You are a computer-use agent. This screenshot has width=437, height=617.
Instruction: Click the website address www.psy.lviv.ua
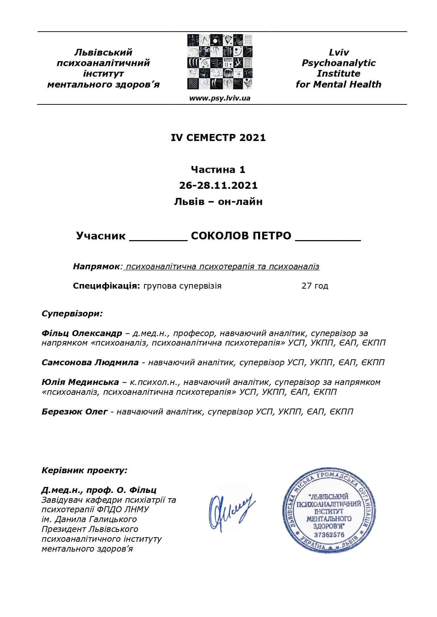[219, 98]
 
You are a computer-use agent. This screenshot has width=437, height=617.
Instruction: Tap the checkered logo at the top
[220, 62]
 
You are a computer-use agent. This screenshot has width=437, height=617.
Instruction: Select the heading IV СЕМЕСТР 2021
[218, 137]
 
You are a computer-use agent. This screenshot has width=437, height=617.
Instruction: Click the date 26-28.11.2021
[218, 185]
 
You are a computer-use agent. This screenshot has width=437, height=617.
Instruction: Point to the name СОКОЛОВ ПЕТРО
[241, 236]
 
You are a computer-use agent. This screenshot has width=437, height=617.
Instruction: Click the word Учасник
[101, 236]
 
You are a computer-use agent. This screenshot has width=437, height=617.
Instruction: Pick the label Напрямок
[96, 266]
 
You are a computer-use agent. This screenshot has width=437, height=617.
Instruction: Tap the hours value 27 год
[314, 285]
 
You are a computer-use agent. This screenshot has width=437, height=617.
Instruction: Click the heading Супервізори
[72, 313]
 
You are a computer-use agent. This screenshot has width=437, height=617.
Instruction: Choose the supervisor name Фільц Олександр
[82, 333]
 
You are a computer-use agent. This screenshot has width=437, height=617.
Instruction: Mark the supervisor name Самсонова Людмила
[90, 362]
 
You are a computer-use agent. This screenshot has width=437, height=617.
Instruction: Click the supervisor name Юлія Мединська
[80, 382]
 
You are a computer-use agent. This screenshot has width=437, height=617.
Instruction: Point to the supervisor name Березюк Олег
[74, 411]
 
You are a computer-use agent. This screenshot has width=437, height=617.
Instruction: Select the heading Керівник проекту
[84, 470]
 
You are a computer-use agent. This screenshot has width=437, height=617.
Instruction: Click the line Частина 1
[218, 169]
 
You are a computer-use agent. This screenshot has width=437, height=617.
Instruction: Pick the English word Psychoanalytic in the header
[338, 63]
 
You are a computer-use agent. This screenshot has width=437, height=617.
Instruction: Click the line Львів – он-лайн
[218, 201]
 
